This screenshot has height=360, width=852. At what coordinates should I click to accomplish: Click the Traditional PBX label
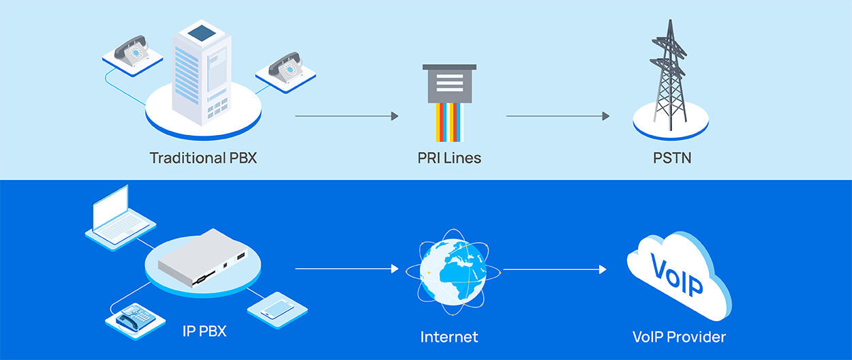pyautogui.click(x=203, y=158)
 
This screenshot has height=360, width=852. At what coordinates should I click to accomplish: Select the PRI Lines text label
pyautogui.click(x=449, y=158)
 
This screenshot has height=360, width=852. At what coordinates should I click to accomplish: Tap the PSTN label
pyautogui.click(x=671, y=158)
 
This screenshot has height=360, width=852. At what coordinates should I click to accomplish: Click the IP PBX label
pyautogui.click(x=204, y=332)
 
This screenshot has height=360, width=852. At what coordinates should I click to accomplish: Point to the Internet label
pyautogui.click(x=449, y=337)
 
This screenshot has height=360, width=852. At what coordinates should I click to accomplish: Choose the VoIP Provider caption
pyautogui.click(x=679, y=337)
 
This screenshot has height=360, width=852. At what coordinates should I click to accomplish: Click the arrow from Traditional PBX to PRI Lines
pyautogui.click(x=346, y=117)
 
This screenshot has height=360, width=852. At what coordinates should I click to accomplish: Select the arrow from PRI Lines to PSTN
pyautogui.click(x=558, y=117)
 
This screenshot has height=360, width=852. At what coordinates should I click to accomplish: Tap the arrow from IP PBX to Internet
pyautogui.click(x=346, y=269)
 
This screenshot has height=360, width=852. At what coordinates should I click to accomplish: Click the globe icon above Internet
pyautogui.click(x=451, y=271)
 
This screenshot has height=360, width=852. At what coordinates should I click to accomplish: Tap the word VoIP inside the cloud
pyautogui.click(x=677, y=276)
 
